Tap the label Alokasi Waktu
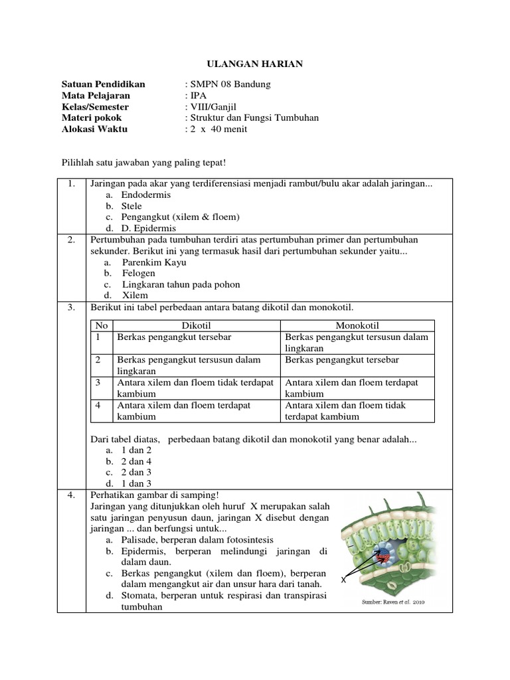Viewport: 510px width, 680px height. click(x=94, y=129)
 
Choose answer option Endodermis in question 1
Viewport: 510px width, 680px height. click(x=145, y=195)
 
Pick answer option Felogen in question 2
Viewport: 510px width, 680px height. click(x=138, y=273)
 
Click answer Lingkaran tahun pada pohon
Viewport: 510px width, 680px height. click(x=180, y=284)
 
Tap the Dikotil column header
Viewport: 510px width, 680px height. click(x=196, y=325)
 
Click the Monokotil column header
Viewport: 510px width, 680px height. click(x=357, y=325)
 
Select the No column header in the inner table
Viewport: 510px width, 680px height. click(x=102, y=325)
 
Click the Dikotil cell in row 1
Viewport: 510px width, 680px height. click(x=174, y=337)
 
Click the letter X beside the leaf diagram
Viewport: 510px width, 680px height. click(x=344, y=580)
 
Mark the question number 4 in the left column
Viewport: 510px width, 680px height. click(x=71, y=495)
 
